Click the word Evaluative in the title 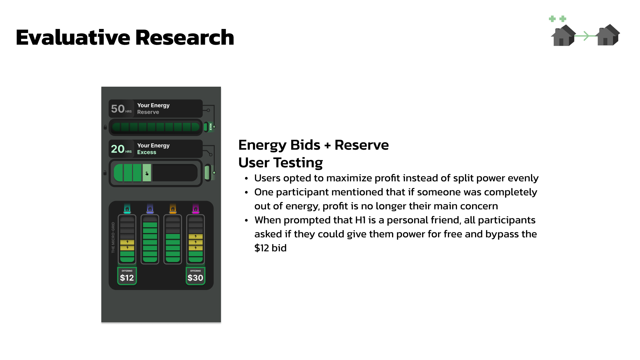73,37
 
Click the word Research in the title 185,37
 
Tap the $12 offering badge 127,276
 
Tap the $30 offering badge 195,276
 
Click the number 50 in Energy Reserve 118,109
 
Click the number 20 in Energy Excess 118,149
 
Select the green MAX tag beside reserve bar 210,127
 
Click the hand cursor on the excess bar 147,173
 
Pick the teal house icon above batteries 127,209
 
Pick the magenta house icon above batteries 196,209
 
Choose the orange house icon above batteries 173,209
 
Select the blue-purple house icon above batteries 150,209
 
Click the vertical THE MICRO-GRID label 113,237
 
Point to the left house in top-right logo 563,36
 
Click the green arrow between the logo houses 585,36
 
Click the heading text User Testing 280,163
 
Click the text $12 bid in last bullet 270,248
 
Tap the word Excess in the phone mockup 147,152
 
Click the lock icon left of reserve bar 105,127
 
